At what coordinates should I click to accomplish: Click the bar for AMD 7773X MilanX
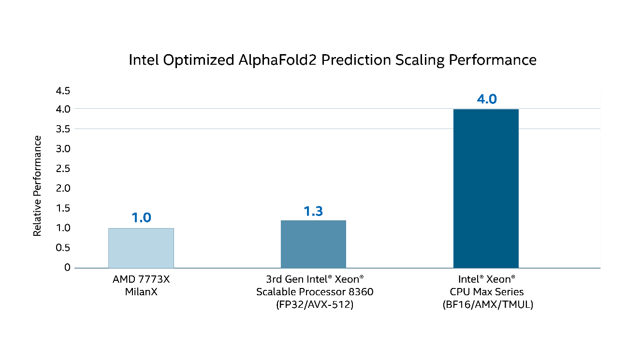[141, 248]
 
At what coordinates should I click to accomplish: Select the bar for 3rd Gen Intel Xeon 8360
[313, 244]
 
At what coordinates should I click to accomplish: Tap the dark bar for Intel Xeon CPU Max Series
[486, 188]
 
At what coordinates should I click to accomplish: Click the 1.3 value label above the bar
[313, 211]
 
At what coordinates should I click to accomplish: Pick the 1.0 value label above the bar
[141, 218]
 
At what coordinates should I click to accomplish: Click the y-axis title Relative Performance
[37, 186]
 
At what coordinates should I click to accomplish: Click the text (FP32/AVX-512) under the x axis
[314, 305]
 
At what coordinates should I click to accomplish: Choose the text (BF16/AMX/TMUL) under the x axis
[486, 305]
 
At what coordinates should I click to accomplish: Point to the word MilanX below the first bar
[141, 292]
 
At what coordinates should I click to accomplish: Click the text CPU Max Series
[486, 292]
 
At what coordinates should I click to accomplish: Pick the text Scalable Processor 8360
[314, 292]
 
